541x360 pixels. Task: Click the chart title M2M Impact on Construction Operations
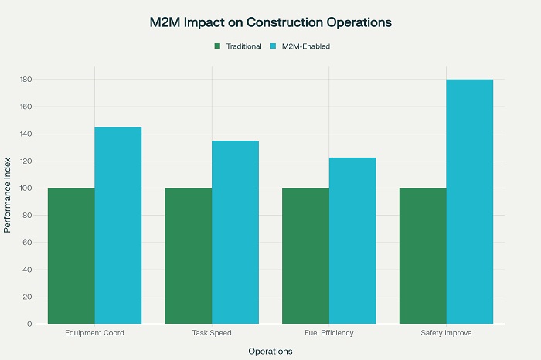270,22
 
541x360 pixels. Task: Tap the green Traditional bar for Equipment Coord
71,256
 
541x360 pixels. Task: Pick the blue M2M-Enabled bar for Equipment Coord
118,225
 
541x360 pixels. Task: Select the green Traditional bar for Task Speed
189,256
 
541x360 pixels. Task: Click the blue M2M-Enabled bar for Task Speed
235,232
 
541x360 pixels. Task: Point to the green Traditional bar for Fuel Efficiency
305,256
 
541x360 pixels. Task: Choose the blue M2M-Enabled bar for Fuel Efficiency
352,240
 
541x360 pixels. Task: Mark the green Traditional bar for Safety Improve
423,256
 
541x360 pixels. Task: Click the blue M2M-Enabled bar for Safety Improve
469,202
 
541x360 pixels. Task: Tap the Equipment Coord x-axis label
94,333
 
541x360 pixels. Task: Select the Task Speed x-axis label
212,333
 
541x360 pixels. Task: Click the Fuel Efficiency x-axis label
328,333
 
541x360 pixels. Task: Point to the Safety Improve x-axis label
446,333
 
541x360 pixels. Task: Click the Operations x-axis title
270,352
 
